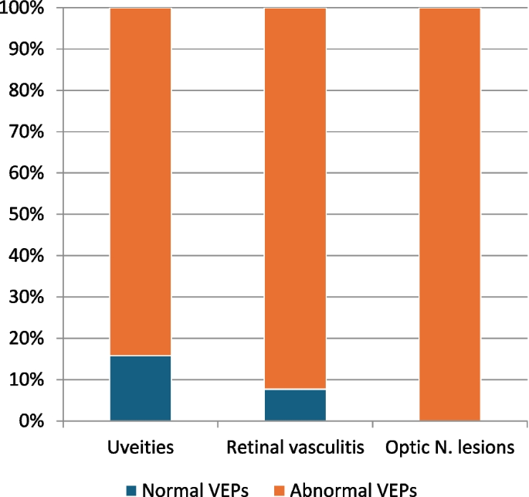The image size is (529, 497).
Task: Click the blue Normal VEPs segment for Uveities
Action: click(x=140, y=389)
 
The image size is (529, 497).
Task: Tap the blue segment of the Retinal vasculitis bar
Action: click(x=295, y=406)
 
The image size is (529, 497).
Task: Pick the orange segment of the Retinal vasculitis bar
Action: click(x=295, y=199)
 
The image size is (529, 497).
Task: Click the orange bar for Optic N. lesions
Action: click(x=449, y=215)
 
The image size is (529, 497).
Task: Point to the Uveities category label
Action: click(x=140, y=448)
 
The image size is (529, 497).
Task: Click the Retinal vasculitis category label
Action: click(x=295, y=448)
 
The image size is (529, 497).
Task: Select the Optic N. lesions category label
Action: click(x=449, y=448)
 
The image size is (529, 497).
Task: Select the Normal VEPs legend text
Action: click(x=190, y=488)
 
